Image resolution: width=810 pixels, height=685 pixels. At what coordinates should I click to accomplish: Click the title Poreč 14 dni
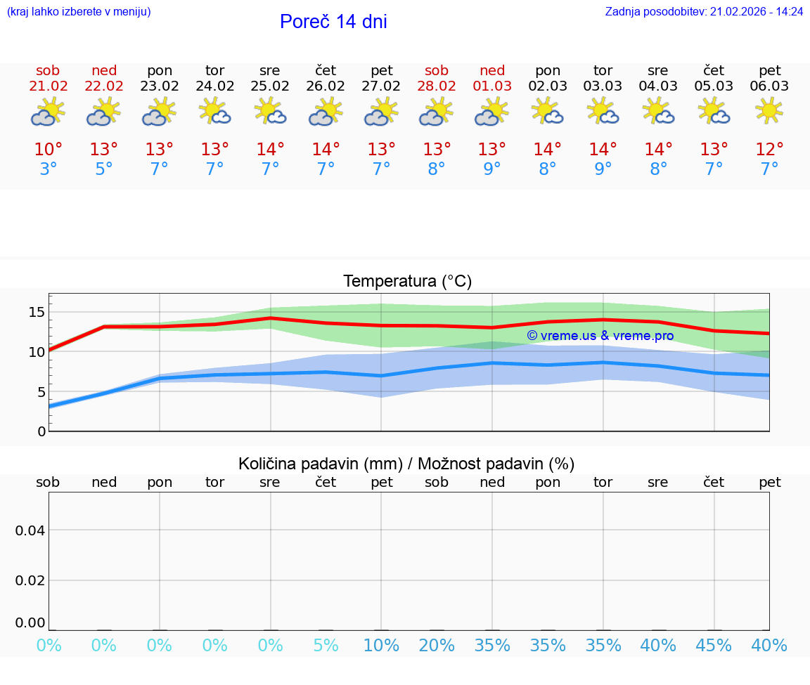click(x=333, y=22)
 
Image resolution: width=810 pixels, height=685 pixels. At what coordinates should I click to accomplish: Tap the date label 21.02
click(x=49, y=86)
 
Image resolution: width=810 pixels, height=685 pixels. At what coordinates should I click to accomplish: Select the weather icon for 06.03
click(x=769, y=111)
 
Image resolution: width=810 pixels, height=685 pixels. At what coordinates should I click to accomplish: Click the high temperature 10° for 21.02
click(x=49, y=150)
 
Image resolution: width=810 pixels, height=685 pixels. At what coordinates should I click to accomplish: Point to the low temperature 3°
click(x=49, y=169)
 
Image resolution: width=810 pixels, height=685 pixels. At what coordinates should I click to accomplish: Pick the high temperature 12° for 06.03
click(x=769, y=150)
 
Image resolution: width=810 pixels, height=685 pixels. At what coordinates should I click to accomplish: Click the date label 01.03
click(x=492, y=86)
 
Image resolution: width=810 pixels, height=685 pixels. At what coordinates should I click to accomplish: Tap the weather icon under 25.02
click(x=270, y=111)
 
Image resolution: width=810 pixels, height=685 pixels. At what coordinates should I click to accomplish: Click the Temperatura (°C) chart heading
click(x=407, y=282)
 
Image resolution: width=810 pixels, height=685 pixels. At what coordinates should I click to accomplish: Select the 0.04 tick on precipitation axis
click(x=30, y=530)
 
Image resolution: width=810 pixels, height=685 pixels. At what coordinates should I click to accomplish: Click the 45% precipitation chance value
click(x=714, y=646)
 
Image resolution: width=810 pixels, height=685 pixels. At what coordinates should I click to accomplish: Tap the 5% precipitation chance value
click(x=326, y=646)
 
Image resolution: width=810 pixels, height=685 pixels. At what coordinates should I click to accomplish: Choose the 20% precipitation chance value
click(x=437, y=646)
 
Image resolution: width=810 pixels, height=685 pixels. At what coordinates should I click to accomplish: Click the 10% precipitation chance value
click(x=381, y=646)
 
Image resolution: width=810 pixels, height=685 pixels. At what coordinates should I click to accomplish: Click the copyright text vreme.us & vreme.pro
click(x=600, y=336)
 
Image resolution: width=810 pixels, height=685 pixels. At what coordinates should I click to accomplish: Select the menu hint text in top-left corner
click(x=79, y=12)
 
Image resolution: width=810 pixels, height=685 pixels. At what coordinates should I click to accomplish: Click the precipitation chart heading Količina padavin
click(x=406, y=464)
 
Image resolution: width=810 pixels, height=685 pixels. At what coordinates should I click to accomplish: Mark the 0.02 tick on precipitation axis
click(x=30, y=580)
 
